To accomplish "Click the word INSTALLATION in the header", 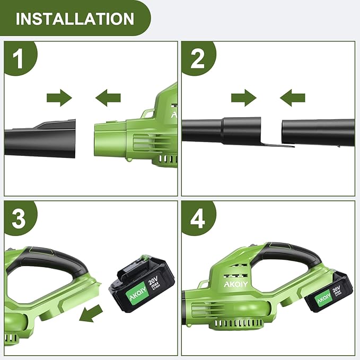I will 75,19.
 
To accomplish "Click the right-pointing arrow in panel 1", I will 59,98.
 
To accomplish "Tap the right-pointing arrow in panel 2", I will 243,98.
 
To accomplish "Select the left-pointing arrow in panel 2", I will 293,98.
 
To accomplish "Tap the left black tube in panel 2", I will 223,130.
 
